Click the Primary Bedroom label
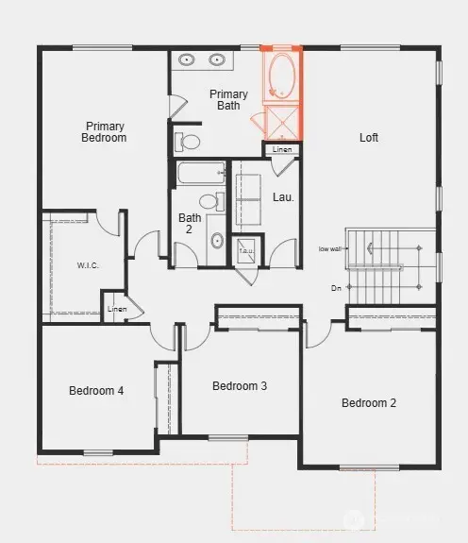tap(105, 131)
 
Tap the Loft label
tap(369, 138)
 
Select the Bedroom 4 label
tap(96, 391)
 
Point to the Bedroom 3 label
tap(240, 385)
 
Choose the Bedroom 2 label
tap(369, 403)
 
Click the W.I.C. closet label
tap(87, 265)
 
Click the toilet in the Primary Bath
tap(189, 143)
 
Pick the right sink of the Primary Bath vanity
tap(217, 59)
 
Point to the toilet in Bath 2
tap(209, 201)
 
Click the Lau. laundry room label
tap(283, 198)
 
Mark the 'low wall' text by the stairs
tap(330, 249)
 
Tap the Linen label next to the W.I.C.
tap(116, 309)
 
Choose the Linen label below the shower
tap(282, 149)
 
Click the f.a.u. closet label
tap(245, 251)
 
